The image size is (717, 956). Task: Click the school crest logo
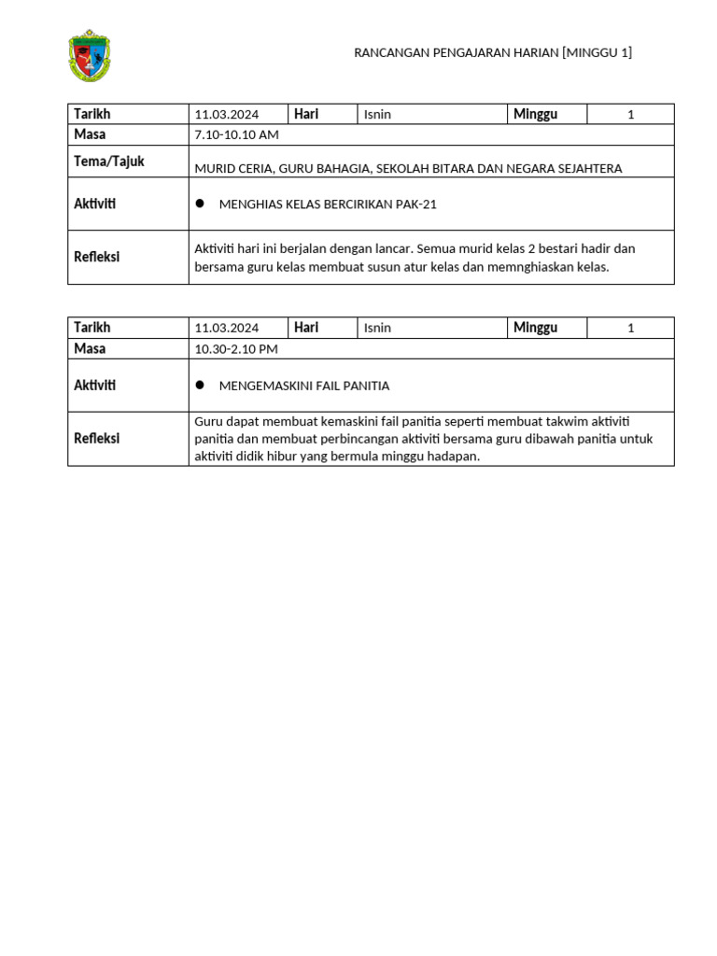point(90,55)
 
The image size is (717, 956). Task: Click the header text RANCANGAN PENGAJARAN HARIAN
point(456,53)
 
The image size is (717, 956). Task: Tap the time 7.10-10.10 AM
point(236,135)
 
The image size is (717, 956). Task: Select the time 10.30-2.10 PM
point(236,349)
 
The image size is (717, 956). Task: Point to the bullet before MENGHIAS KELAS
point(199,204)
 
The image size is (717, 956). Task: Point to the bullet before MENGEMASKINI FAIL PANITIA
point(199,385)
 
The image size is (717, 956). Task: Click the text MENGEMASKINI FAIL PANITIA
point(303,386)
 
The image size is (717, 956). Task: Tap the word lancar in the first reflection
point(391,248)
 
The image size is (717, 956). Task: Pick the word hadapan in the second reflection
point(453,457)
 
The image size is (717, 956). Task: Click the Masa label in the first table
point(90,135)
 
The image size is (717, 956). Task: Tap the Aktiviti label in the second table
point(95,385)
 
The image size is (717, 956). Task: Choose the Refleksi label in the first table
point(97,257)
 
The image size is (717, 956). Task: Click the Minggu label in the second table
point(535,328)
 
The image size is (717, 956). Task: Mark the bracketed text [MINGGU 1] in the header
point(597,53)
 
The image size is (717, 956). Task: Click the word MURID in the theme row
point(213,169)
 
